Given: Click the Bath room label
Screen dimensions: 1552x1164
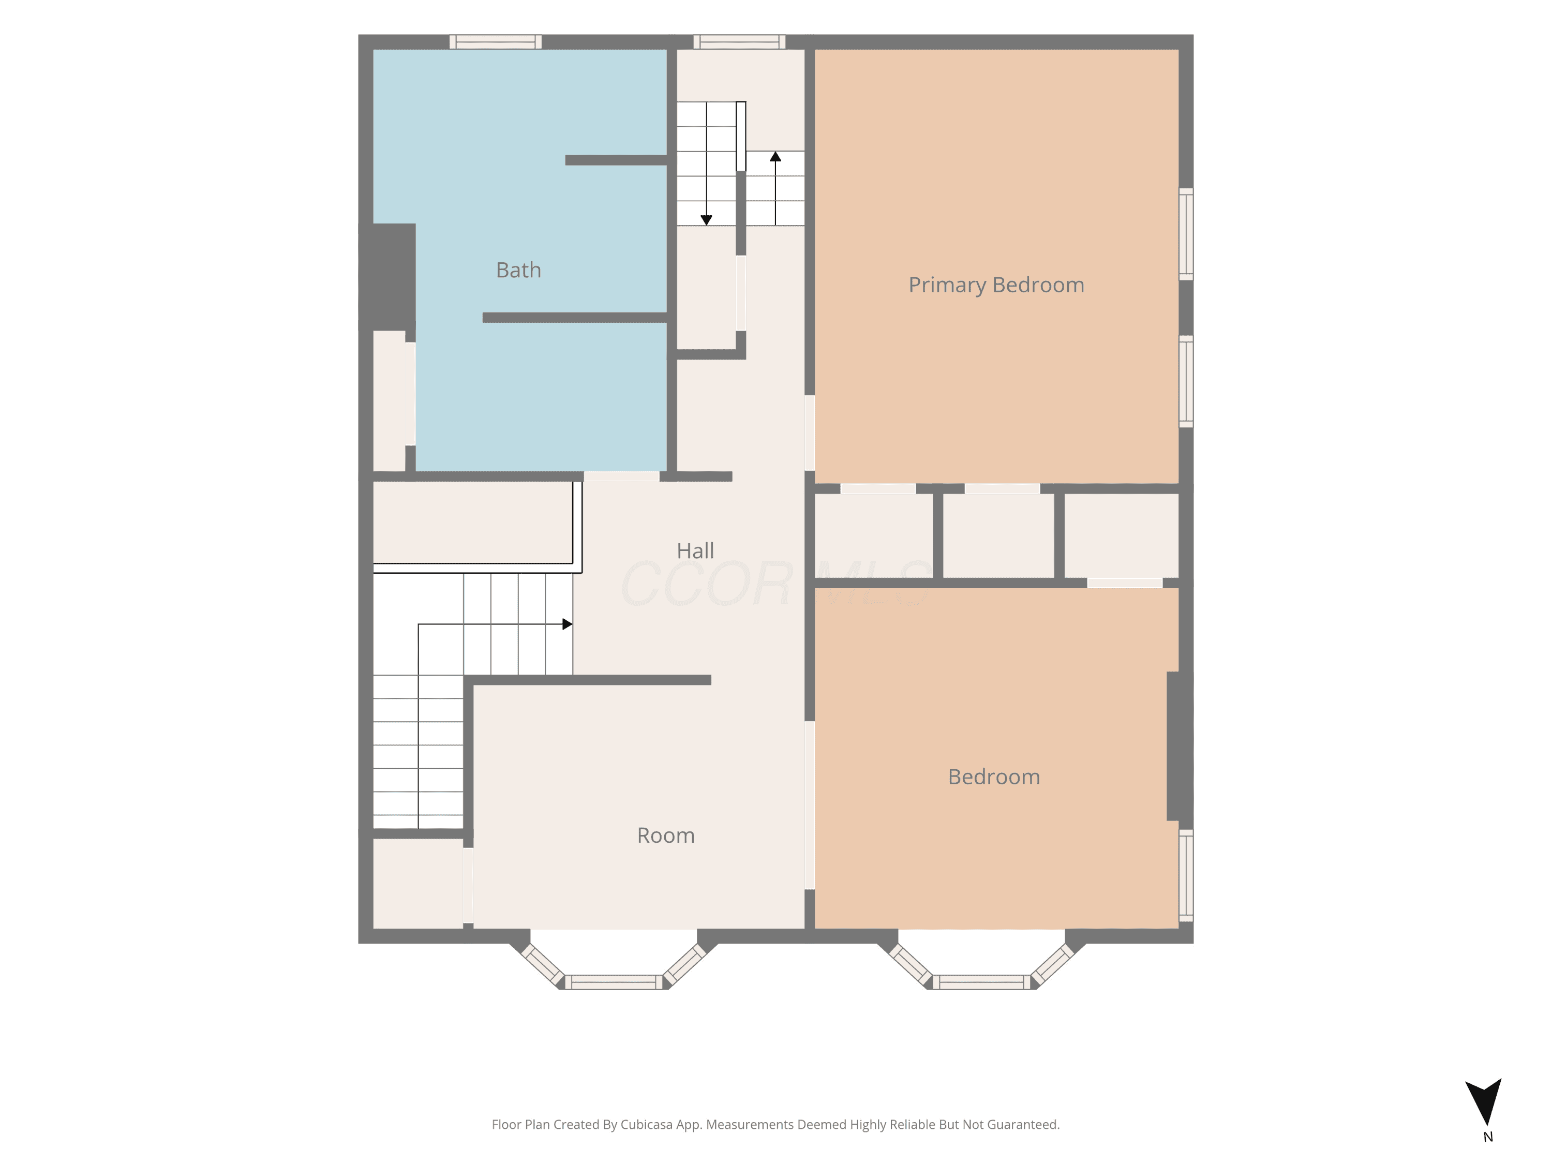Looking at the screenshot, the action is [518, 270].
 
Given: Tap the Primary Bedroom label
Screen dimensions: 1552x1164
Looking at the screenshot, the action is [996, 285].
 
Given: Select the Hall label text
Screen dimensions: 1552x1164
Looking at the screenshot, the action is [695, 551].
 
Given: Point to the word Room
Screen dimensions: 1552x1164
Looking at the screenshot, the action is [666, 835].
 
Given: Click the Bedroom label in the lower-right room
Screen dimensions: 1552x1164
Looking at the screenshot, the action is [993, 777].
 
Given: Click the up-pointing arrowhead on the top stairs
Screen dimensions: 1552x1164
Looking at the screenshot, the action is [775, 156].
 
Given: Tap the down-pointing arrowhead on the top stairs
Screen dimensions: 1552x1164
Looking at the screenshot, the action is [707, 220].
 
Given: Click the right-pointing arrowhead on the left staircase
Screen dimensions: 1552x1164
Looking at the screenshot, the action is [568, 624].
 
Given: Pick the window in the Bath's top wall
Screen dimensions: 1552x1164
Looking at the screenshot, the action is [496, 42].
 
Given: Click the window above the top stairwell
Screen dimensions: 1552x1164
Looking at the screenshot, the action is [739, 42].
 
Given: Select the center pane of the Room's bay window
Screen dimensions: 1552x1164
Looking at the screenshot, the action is [614, 982].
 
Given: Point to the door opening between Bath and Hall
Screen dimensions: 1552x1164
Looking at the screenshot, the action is [622, 476].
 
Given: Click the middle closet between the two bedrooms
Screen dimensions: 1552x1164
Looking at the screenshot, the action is [998, 536].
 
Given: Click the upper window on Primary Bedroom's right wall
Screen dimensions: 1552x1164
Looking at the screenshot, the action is [1186, 234].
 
